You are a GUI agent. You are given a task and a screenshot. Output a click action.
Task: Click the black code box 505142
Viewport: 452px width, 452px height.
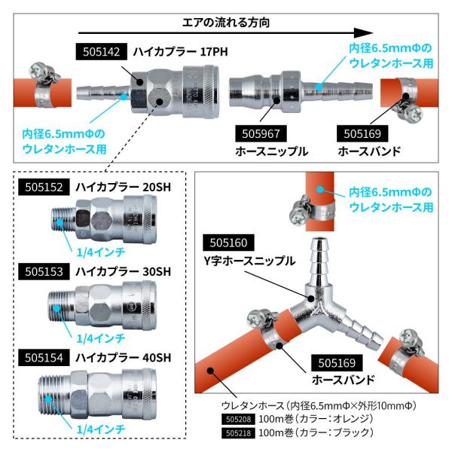101,51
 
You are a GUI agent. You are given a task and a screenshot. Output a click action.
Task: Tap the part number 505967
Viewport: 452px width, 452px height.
261,133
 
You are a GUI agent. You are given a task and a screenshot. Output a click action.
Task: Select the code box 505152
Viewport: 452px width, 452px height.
44,187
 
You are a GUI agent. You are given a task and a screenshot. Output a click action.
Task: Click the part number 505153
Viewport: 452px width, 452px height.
44,271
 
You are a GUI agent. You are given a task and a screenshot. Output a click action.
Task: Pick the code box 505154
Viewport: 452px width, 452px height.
44,357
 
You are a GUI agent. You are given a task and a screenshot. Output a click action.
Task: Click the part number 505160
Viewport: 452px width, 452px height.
228,243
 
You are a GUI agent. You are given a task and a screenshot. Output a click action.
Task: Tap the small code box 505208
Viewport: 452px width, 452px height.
238,419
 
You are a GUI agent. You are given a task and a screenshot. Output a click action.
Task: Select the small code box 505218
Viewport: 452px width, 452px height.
238,433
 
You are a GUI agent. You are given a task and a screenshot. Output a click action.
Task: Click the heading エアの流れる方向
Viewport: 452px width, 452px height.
226,23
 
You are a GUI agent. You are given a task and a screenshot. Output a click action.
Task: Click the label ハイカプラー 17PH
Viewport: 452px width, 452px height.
181,52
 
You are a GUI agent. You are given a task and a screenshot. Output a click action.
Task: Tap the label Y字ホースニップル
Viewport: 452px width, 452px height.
249,261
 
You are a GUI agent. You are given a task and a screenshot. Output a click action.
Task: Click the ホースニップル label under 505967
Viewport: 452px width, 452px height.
272,151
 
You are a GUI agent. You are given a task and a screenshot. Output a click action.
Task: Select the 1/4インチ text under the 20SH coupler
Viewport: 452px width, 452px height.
101,252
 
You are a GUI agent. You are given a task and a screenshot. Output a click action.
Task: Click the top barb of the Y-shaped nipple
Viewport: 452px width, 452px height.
319,261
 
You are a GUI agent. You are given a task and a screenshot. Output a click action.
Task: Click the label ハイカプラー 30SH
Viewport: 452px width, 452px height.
123,271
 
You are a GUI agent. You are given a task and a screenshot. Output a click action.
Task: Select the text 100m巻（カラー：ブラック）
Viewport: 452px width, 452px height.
316,432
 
